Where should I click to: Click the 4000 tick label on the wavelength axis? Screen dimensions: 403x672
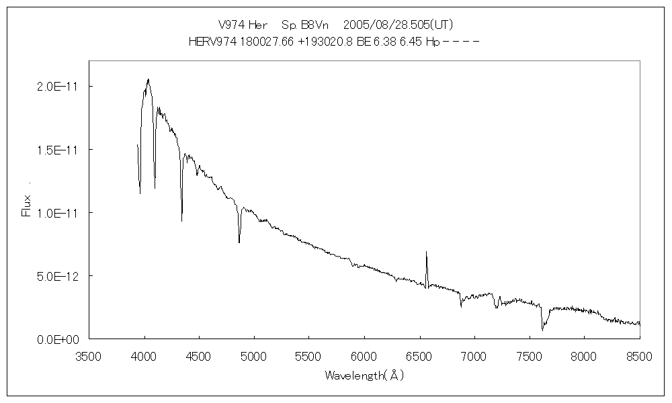pos(144,356)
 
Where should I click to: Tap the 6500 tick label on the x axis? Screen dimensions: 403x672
pos(419,356)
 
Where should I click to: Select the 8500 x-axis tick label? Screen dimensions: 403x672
pos(638,356)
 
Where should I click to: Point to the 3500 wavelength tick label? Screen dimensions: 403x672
pos(89,356)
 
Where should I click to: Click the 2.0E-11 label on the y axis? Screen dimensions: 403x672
pos(56,87)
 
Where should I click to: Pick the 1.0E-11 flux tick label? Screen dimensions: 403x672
pos(56,213)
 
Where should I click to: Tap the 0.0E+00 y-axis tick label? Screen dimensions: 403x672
pos(58,339)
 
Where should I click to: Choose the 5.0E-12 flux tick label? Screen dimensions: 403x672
pos(56,276)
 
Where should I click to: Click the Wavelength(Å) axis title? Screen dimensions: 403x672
pos(364,375)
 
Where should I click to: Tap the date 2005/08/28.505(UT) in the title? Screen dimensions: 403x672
pos(398,25)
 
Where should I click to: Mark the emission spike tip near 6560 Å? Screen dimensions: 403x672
pos(426,252)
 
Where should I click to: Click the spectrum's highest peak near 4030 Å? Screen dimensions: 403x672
pos(148,79)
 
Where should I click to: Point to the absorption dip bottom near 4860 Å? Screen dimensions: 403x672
pos(239,242)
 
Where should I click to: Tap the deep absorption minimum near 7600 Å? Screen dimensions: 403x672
pos(542,330)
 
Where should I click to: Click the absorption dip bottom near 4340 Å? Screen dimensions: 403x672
pos(181,221)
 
